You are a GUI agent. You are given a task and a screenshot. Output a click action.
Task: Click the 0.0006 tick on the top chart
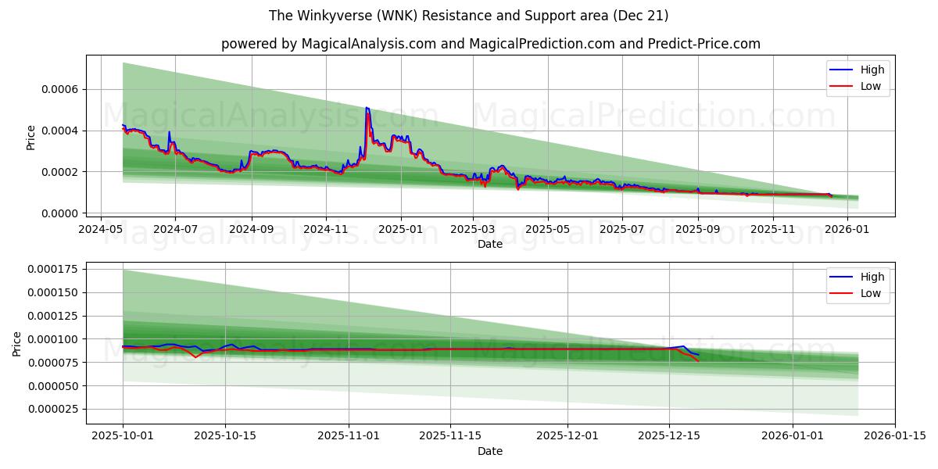tap(62, 89)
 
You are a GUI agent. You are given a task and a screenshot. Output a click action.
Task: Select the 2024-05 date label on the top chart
tap(100, 229)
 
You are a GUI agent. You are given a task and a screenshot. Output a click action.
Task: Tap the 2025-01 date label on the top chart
tap(401, 229)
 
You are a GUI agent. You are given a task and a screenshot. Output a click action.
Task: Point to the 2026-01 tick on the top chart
tap(847, 229)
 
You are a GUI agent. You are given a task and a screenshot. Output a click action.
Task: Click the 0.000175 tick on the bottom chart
tap(55, 270)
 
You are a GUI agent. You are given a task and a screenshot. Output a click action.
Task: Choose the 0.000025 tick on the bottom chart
tap(55, 409)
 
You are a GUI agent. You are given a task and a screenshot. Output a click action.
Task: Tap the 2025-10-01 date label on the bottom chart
tap(123, 436)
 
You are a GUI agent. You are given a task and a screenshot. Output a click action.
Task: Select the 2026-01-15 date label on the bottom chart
tap(895, 436)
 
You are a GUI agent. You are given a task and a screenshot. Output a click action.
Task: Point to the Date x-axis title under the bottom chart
tap(490, 451)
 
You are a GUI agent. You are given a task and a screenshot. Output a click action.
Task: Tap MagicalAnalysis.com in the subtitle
tap(367, 44)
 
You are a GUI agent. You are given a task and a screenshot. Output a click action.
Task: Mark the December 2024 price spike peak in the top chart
tap(367, 108)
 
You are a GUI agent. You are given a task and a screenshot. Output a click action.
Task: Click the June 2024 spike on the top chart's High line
tap(169, 132)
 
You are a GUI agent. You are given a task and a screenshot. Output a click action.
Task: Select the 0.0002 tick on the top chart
tap(62, 172)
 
